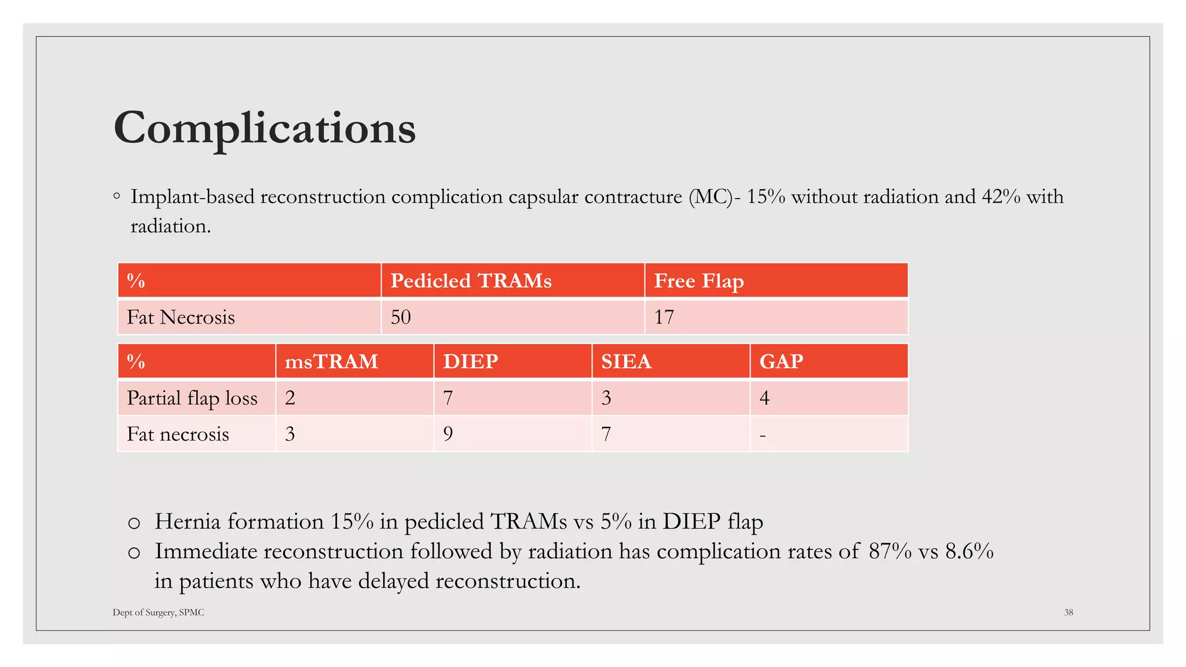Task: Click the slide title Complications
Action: pos(265,128)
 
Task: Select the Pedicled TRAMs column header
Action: pos(471,281)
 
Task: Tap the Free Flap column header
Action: pos(698,281)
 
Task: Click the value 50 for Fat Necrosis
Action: pos(401,317)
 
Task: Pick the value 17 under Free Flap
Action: pos(664,317)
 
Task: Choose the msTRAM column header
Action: pos(331,361)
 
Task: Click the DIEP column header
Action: pos(470,361)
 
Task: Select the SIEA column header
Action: pos(626,361)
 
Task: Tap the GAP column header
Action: pos(781,361)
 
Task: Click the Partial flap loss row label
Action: pos(192,398)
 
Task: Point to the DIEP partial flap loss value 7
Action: pos(448,398)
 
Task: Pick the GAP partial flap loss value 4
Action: pos(764,398)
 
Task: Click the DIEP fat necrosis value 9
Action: pos(448,434)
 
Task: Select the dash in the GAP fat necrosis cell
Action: pos(763,435)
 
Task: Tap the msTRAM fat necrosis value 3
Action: pos(290,434)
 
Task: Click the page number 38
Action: pos(1068,612)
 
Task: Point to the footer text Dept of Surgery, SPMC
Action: pos(158,612)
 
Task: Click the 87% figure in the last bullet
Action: pos(890,551)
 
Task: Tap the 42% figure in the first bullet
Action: pos(1001,197)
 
